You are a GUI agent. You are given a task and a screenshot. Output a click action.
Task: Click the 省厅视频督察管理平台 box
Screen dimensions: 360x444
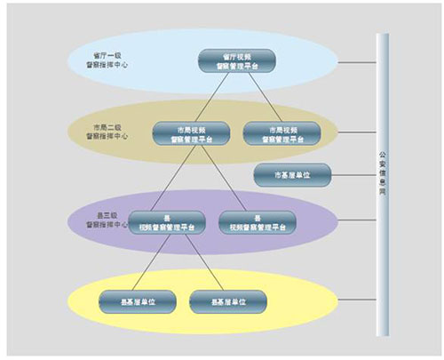(x=238, y=60)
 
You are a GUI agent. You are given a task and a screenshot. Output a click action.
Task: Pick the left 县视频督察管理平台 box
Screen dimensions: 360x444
(x=167, y=221)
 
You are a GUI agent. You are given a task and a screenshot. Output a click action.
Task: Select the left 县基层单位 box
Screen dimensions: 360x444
(x=136, y=300)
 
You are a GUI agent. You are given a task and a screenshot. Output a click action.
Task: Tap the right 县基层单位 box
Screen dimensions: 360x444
(x=226, y=300)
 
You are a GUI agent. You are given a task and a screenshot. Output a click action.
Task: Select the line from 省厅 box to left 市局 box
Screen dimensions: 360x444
(x=213, y=97)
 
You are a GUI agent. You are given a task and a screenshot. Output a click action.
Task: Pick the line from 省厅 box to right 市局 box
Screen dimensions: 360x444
(x=258, y=97)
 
